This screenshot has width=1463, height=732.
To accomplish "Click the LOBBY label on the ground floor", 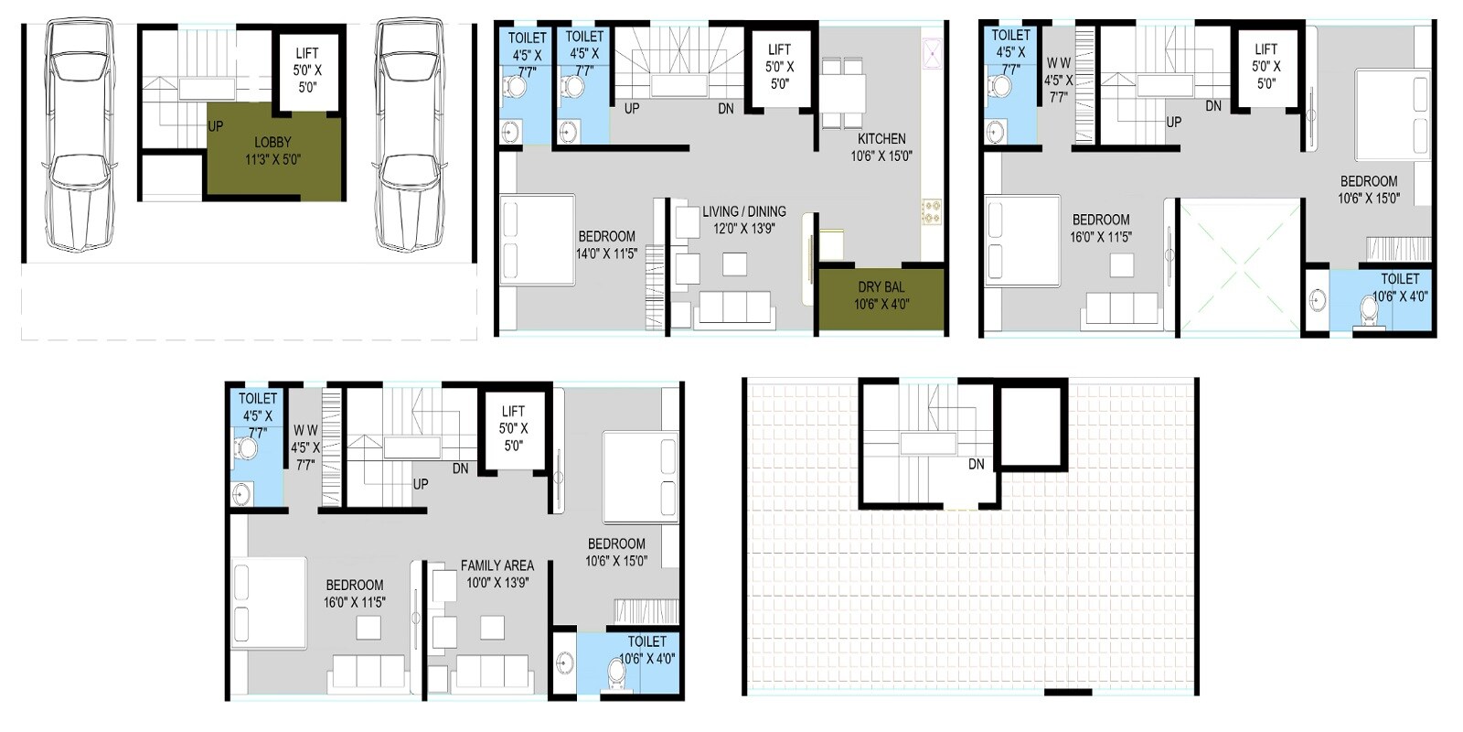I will [x=272, y=150].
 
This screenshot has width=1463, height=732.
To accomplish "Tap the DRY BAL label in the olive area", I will [x=881, y=296].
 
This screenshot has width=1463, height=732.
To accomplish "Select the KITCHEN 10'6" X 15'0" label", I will [x=881, y=147].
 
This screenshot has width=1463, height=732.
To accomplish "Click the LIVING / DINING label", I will [x=744, y=220].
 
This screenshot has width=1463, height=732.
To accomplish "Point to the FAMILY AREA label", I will [x=497, y=574].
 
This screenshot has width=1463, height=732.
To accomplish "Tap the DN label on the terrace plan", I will [x=977, y=464].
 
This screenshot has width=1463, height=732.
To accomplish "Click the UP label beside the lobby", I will [x=216, y=126].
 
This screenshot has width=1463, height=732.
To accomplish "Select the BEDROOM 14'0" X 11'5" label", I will [x=606, y=244].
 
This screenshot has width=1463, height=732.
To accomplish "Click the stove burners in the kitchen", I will [x=932, y=212].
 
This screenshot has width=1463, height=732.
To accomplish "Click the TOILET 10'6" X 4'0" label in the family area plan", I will [x=647, y=650].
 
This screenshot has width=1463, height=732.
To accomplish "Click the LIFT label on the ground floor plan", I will [x=307, y=70].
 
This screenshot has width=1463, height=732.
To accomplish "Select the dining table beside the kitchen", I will [x=842, y=91].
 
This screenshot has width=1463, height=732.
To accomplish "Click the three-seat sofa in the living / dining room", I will [x=733, y=308].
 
